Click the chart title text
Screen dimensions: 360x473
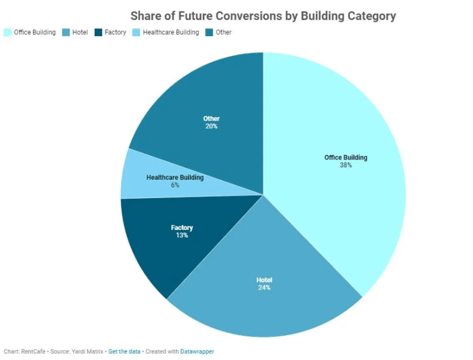point(263,16)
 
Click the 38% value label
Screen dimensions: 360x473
point(346,166)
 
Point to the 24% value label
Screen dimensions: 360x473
point(264,288)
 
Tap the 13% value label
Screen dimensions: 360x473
point(182,235)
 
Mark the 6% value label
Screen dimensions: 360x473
point(175,185)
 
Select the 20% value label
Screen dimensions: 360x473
point(211,127)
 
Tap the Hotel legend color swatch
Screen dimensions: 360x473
point(66,33)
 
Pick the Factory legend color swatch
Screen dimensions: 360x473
point(98,33)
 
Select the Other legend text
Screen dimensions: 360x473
point(224,33)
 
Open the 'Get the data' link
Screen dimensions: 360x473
point(124,351)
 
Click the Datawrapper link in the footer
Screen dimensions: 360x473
point(197,351)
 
